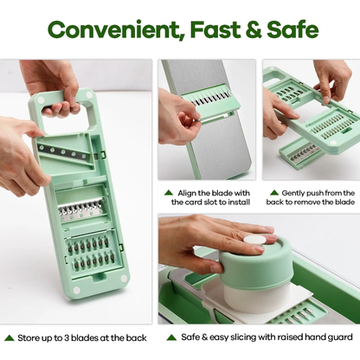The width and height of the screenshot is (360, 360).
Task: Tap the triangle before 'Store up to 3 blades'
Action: [x=10, y=337]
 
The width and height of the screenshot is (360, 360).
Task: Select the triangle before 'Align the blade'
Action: [x=168, y=192]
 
